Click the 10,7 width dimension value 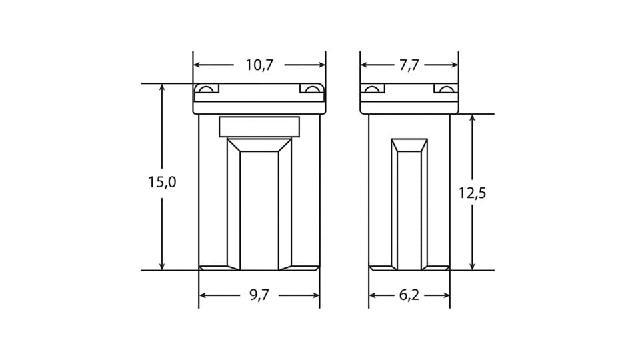259,65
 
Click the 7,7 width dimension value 409,65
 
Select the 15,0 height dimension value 162,182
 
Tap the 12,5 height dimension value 472,193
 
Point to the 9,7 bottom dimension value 259,295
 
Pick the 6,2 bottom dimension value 409,295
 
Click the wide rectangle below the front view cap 259,127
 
